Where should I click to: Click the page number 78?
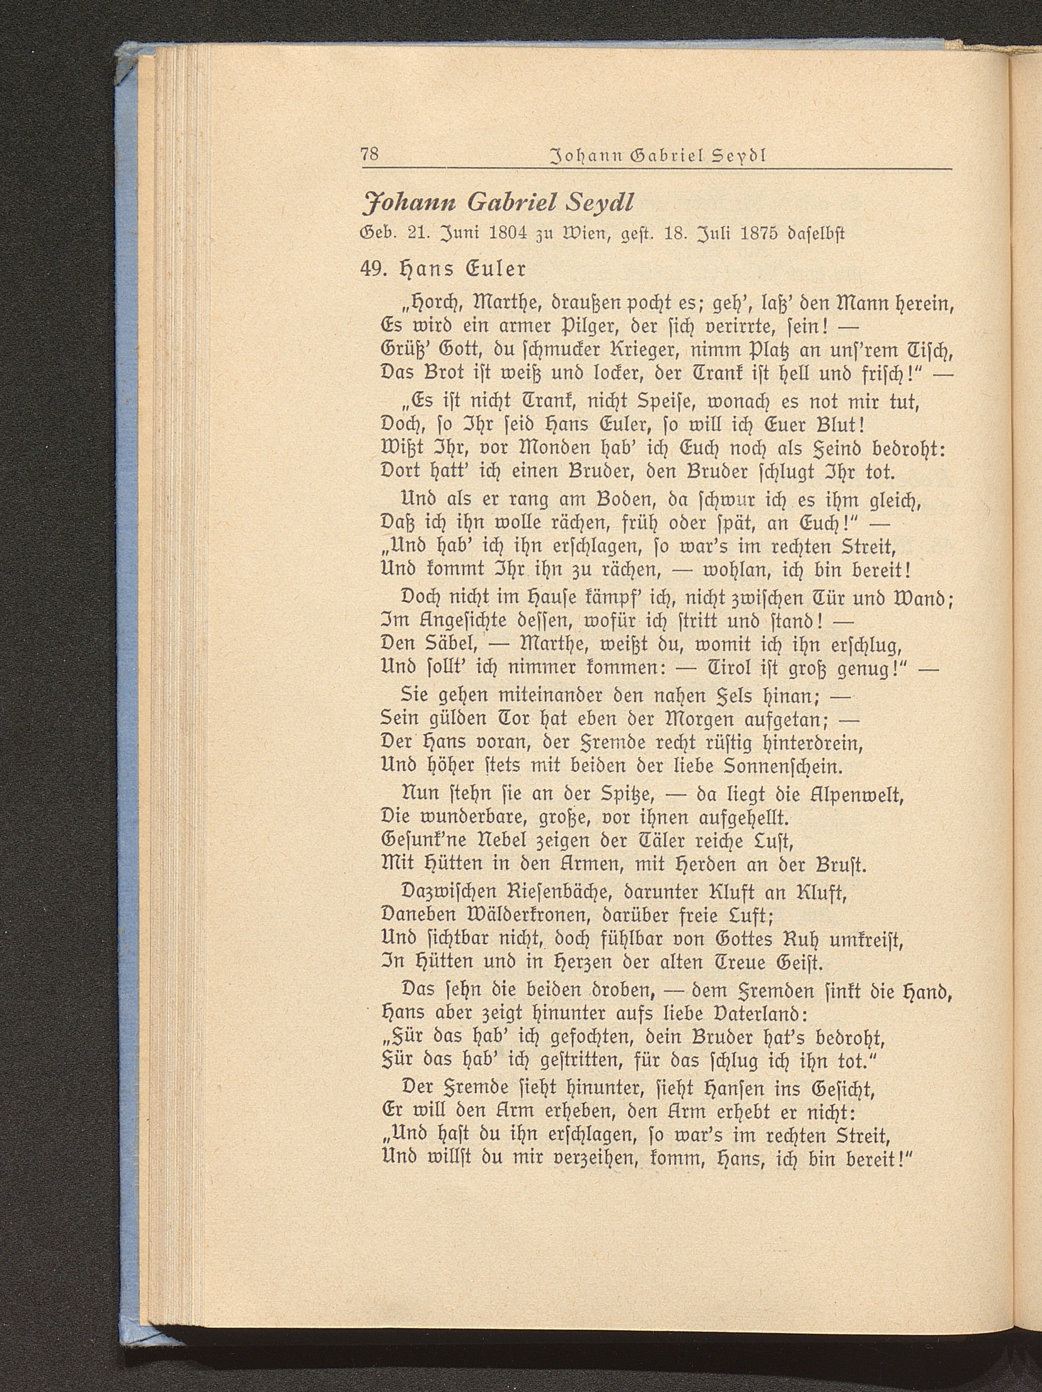[370, 171]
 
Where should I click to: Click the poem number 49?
[370, 268]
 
